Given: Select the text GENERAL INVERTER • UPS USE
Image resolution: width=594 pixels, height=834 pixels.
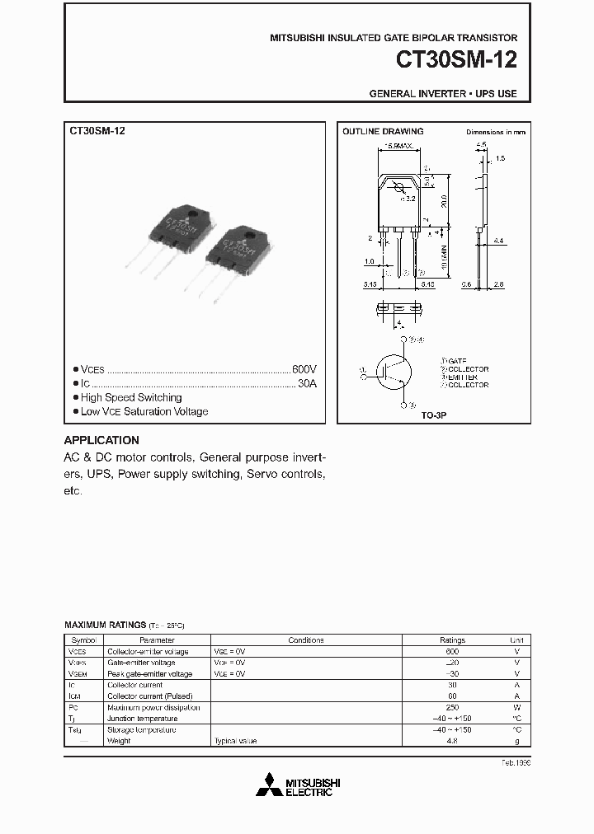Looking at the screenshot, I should [x=443, y=93].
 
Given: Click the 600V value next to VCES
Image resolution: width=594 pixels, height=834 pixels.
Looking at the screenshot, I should [x=304, y=370].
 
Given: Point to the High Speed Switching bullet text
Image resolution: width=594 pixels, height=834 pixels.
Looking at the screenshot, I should [x=131, y=397].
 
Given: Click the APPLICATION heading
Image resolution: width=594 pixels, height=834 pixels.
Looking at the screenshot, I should [x=101, y=440].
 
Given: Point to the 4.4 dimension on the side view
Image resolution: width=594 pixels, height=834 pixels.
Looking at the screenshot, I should [x=499, y=240].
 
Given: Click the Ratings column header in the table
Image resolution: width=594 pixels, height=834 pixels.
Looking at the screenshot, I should [x=452, y=640].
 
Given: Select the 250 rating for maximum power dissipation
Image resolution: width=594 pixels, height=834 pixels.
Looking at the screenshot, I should [x=452, y=707].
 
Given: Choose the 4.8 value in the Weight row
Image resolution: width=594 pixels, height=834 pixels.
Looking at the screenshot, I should [x=452, y=741].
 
